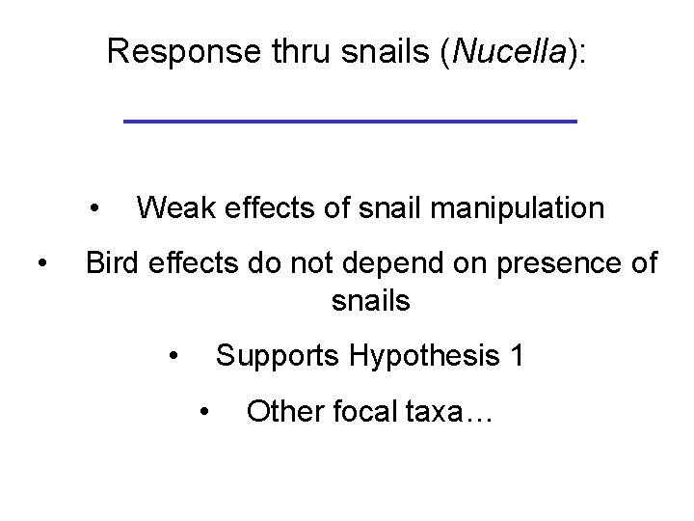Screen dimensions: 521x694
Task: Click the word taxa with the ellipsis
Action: (457, 412)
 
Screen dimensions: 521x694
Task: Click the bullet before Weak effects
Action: (95, 207)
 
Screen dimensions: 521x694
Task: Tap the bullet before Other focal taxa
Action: (204, 412)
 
